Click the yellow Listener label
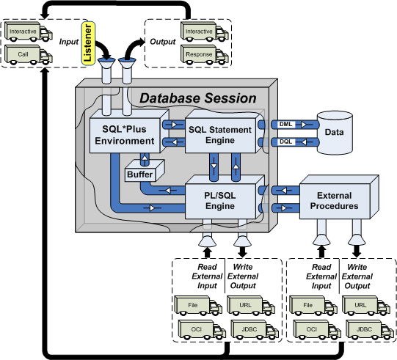coord(88,43)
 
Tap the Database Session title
coord(197,98)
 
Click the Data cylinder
coord(335,132)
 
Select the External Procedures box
coord(339,197)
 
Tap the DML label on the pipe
coord(285,124)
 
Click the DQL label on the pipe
coord(285,142)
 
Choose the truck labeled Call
coord(29,55)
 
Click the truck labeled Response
coord(205,55)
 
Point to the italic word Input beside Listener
coord(69,42)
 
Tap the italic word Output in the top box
coord(163,42)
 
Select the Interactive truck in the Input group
coord(29,32)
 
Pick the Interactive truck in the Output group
coord(205,32)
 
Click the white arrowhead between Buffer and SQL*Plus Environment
coord(145,158)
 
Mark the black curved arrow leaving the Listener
coord(104,48)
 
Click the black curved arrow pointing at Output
coord(133,49)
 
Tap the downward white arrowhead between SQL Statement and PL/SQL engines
coord(214,166)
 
